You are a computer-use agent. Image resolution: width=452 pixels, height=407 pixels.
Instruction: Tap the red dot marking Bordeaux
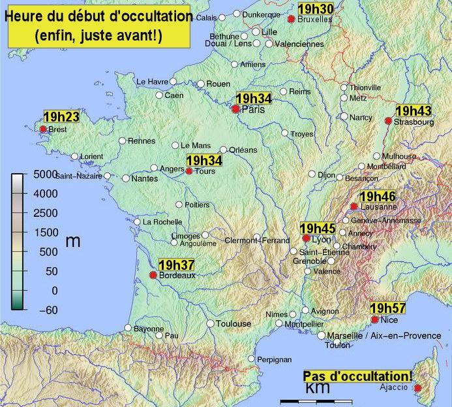153,276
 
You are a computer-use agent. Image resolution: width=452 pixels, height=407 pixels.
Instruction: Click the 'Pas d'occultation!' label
357,376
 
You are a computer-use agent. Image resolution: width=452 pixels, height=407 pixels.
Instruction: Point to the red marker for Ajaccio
417,389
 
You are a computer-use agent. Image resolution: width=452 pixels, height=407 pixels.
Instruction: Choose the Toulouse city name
233,324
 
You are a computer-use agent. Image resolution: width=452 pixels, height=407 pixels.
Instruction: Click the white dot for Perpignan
252,359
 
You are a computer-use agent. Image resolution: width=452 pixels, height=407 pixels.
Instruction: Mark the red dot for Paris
236,110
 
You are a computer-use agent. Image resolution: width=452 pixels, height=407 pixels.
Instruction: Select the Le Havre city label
152,82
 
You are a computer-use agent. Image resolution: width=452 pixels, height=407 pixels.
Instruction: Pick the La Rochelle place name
162,222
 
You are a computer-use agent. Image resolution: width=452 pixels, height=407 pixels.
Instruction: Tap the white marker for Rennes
122,140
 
